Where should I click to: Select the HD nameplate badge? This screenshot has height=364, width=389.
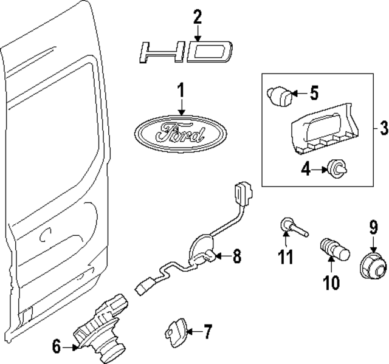(x=184, y=52)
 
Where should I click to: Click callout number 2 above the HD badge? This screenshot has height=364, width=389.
(x=198, y=17)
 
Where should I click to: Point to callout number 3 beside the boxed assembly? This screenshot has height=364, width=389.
(x=383, y=128)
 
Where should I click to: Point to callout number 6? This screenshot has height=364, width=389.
(x=57, y=347)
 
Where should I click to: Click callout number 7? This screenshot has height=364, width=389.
(x=207, y=332)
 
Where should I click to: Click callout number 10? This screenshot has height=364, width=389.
(x=330, y=283)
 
